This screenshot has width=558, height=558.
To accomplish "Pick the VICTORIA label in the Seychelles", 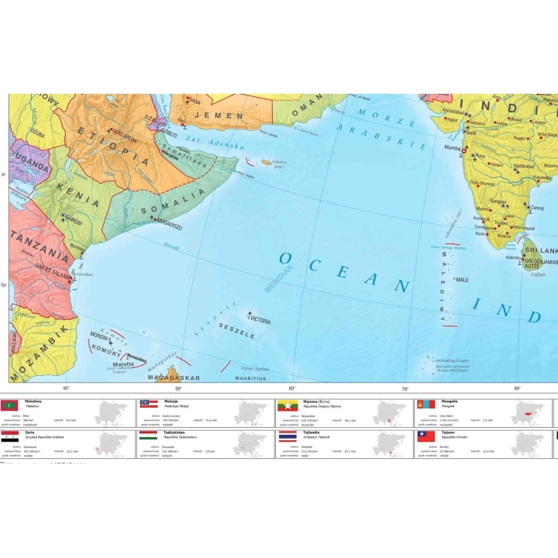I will (260, 320).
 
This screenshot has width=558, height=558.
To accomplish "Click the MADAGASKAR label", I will (174, 377).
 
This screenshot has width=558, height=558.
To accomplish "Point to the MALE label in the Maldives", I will (463, 280).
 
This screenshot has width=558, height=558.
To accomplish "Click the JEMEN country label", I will (212, 115).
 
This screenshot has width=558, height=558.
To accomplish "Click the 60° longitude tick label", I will (292, 388).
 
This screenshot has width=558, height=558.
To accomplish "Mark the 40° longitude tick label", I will (66, 388).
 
